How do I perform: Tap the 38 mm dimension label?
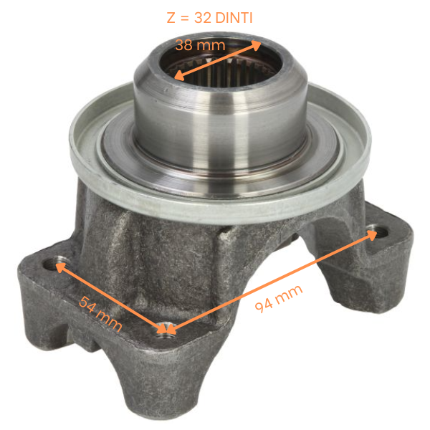201,46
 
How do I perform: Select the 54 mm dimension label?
100,314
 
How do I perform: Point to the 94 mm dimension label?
279,297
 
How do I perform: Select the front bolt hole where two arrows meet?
166,330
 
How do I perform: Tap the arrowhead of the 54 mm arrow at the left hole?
59,267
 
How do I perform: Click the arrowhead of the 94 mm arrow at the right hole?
370,236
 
